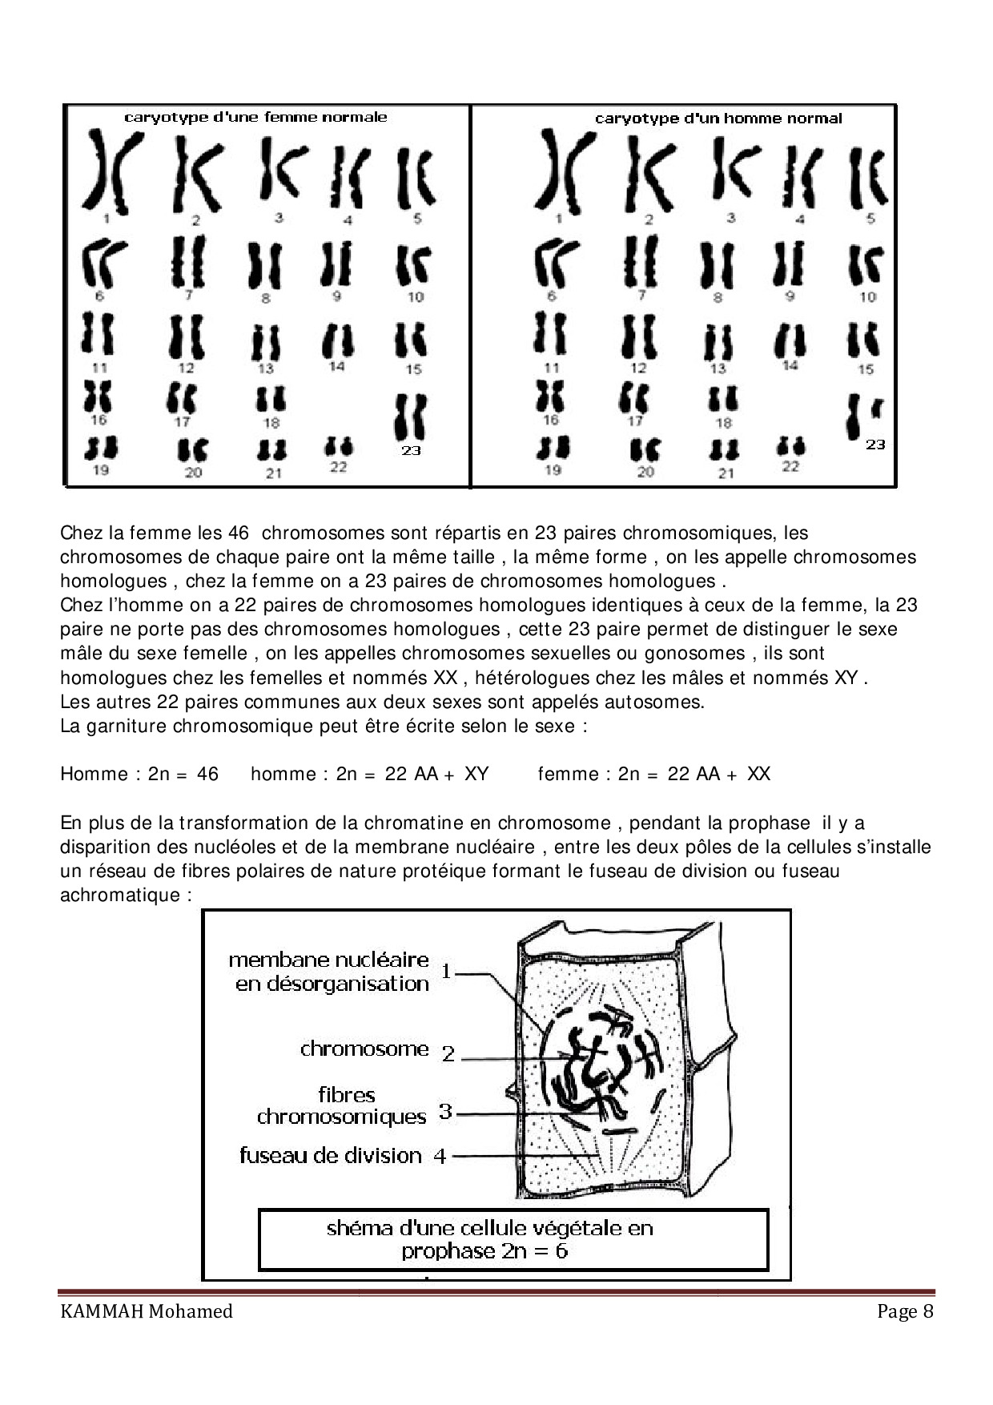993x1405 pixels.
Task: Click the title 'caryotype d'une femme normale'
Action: [x=255, y=117]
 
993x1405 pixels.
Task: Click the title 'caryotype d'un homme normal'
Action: [x=718, y=119]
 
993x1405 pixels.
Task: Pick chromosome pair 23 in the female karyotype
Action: [x=411, y=417]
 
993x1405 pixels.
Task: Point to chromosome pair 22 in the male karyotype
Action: [x=790, y=445]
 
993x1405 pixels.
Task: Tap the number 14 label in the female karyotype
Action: [x=336, y=366]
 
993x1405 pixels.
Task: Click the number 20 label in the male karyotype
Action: [x=645, y=472]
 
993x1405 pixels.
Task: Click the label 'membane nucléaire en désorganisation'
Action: [x=329, y=972]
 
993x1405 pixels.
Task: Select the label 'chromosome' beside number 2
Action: [x=364, y=1049]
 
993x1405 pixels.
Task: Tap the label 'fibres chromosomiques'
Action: [x=343, y=1105]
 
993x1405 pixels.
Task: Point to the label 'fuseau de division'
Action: [x=330, y=1155]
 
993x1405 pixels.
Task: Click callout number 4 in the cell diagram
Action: [x=440, y=1156]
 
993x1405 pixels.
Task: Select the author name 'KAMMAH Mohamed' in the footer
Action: [x=147, y=1312]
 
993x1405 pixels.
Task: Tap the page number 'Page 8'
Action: [x=905, y=1312]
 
